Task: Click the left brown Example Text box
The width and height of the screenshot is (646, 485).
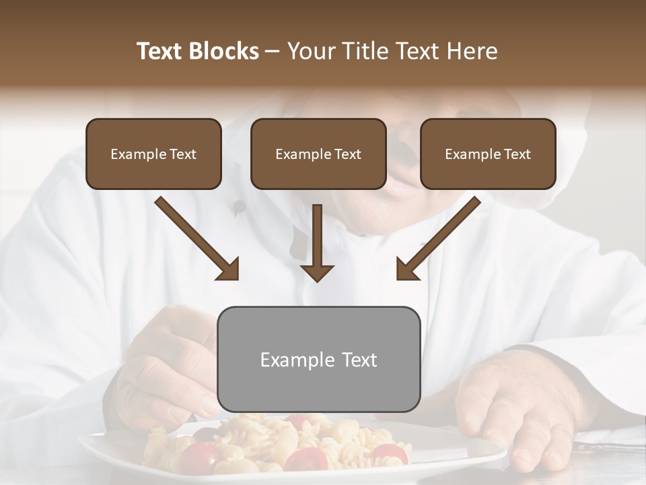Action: pos(153,154)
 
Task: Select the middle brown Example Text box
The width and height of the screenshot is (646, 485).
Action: pos(318,154)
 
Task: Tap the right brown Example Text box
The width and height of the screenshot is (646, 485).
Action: pos(488,154)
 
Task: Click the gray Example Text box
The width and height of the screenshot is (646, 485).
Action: pos(319,359)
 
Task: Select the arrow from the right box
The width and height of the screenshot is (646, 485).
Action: pos(437,239)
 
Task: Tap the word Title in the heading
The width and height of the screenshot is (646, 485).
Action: pos(360,51)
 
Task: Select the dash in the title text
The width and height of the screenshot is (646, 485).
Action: pos(273,51)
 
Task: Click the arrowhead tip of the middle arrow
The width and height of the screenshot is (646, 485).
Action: pos(318,280)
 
